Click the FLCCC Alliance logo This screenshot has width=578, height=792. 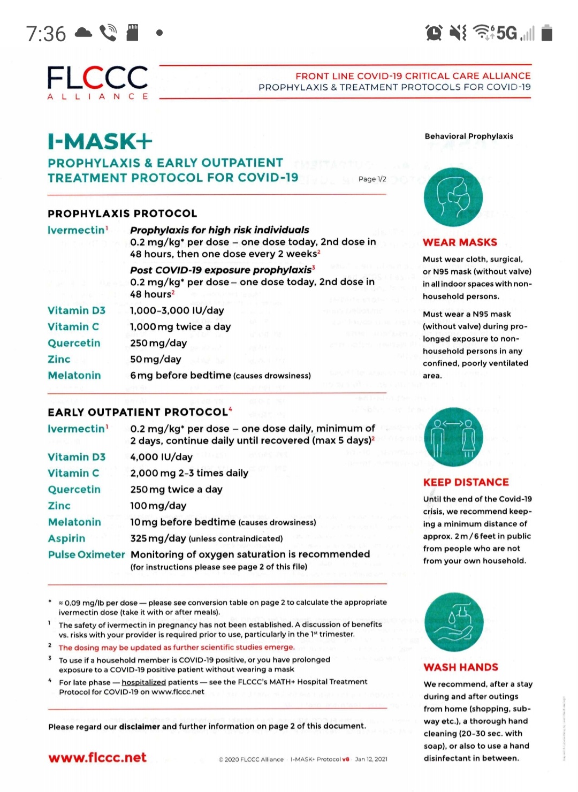(97, 81)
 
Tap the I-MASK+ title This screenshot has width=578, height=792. (100, 141)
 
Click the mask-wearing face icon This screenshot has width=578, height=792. (453, 197)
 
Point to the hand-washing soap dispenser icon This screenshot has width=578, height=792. (454, 622)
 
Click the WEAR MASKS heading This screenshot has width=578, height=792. (460, 242)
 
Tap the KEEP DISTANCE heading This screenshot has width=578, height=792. (466, 482)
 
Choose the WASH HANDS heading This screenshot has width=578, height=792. (461, 667)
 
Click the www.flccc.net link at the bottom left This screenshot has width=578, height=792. (97, 758)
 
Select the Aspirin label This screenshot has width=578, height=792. (66, 538)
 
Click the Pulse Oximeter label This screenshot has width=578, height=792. (86, 554)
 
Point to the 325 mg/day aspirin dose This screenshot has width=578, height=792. (158, 538)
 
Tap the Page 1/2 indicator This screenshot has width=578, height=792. (372, 179)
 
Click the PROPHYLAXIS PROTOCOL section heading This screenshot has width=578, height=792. (122, 214)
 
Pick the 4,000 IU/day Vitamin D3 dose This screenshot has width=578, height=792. (161, 457)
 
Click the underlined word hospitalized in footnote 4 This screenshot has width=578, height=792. (143, 682)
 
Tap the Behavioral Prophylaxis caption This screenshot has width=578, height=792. (469, 136)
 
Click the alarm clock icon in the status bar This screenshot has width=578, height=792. (433, 33)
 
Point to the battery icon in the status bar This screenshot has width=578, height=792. (546, 33)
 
